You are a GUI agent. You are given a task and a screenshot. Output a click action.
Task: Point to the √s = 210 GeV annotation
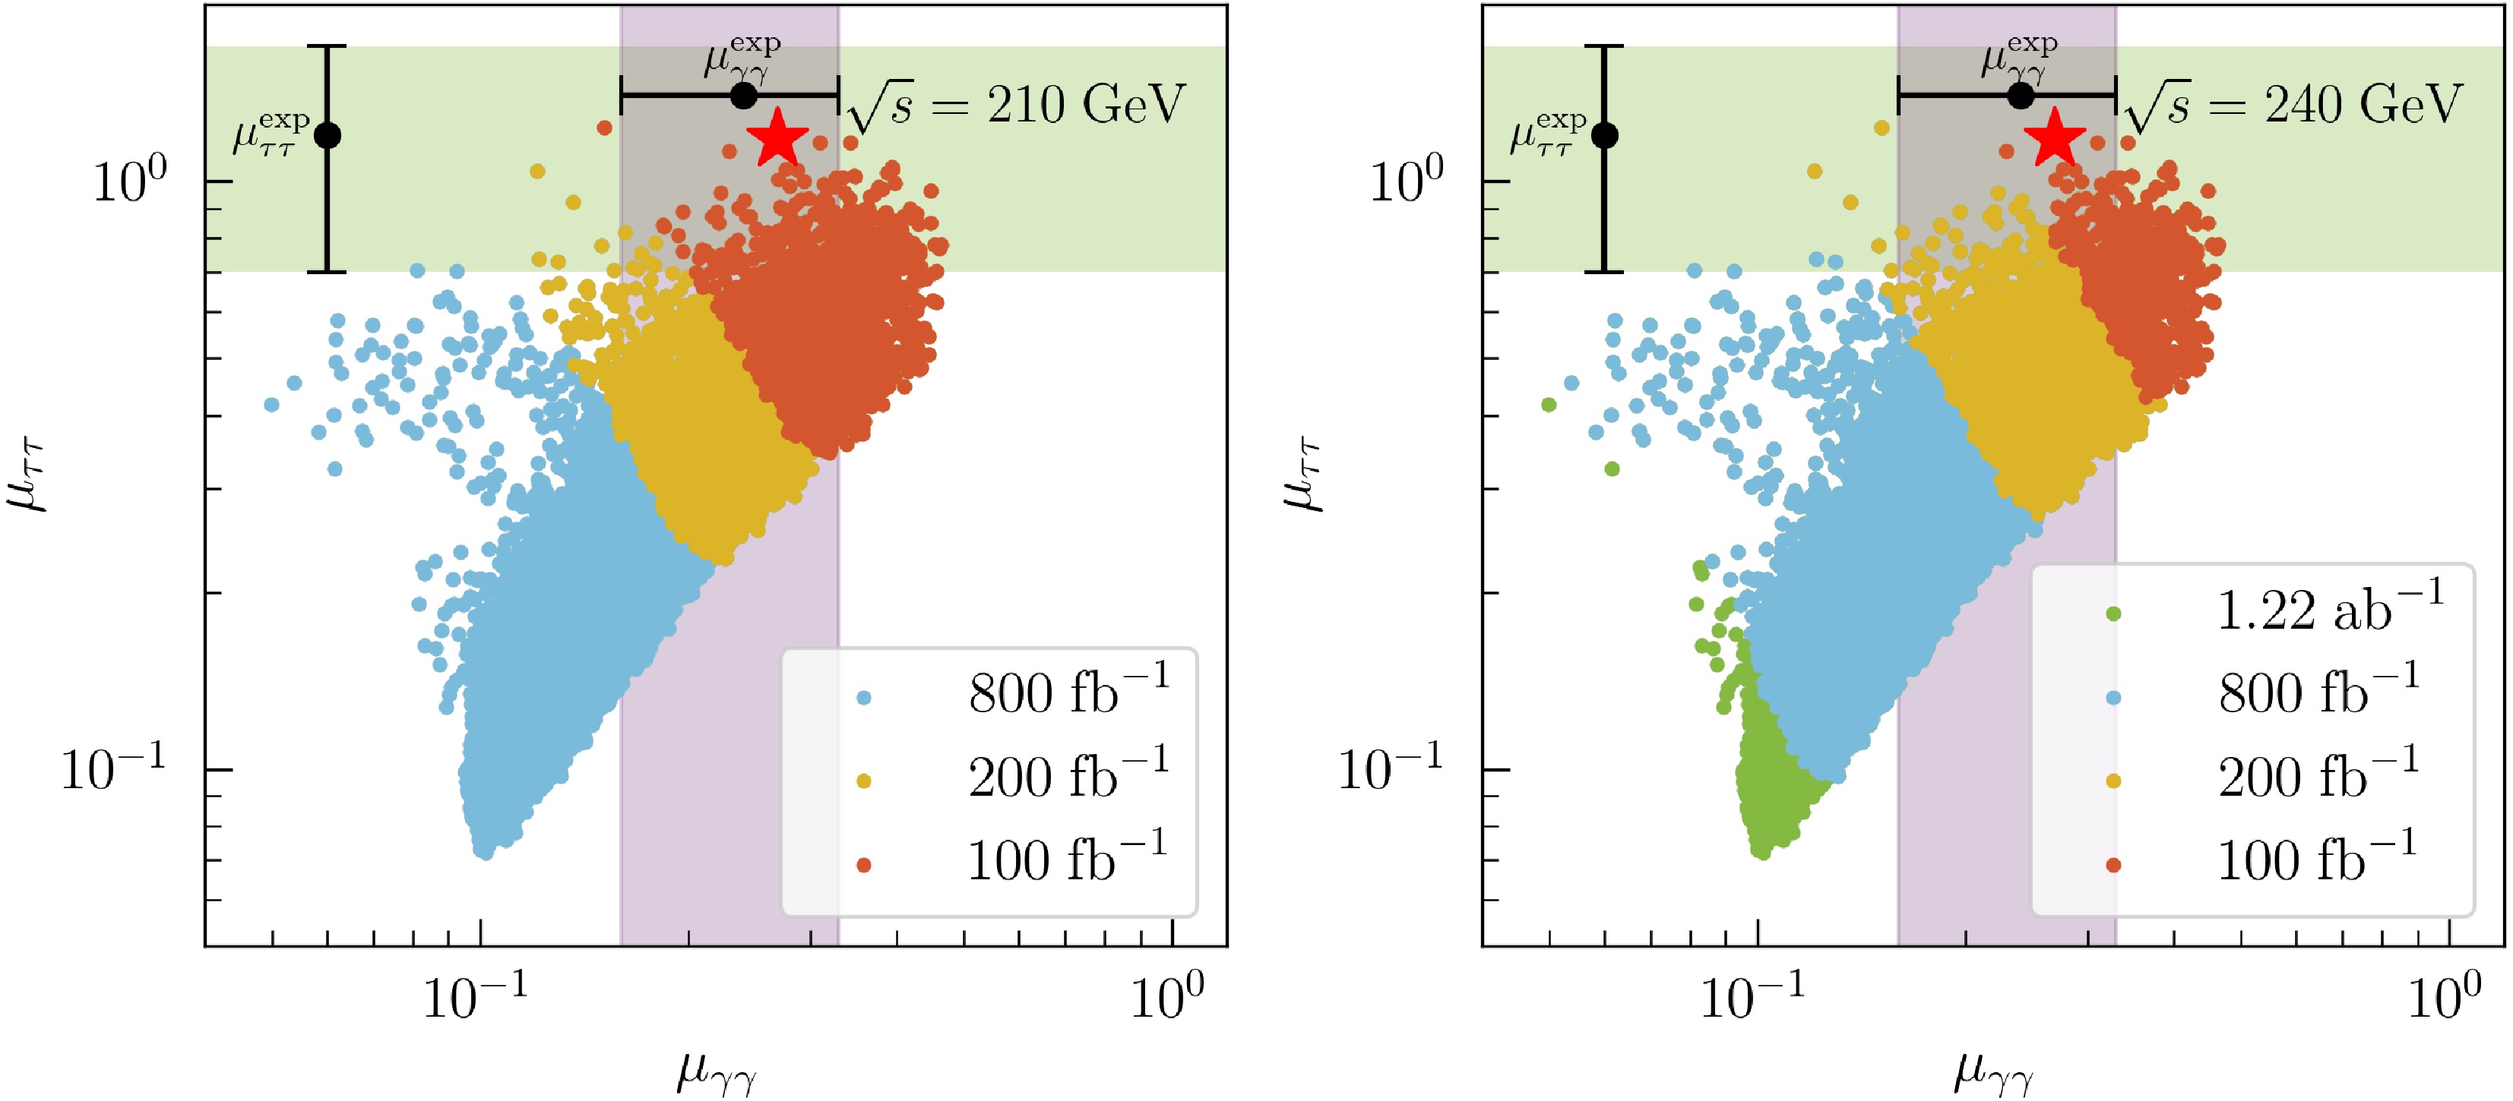[1017, 106]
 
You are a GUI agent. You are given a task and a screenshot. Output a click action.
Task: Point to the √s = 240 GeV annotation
[2293, 106]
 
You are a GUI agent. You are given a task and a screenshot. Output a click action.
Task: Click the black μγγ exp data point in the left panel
[743, 96]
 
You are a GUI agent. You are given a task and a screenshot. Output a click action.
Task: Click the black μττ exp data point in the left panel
[328, 134]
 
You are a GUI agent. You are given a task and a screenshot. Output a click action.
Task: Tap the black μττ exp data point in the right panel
[1605, 134]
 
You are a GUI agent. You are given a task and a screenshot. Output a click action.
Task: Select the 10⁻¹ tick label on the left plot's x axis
[475, 997]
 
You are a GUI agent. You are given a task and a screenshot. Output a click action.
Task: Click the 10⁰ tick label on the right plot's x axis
[2445, 997]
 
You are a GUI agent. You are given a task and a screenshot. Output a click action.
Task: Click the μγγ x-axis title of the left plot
[717, 1074]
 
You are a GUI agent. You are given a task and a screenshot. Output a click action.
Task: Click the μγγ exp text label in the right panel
[2018, 55]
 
